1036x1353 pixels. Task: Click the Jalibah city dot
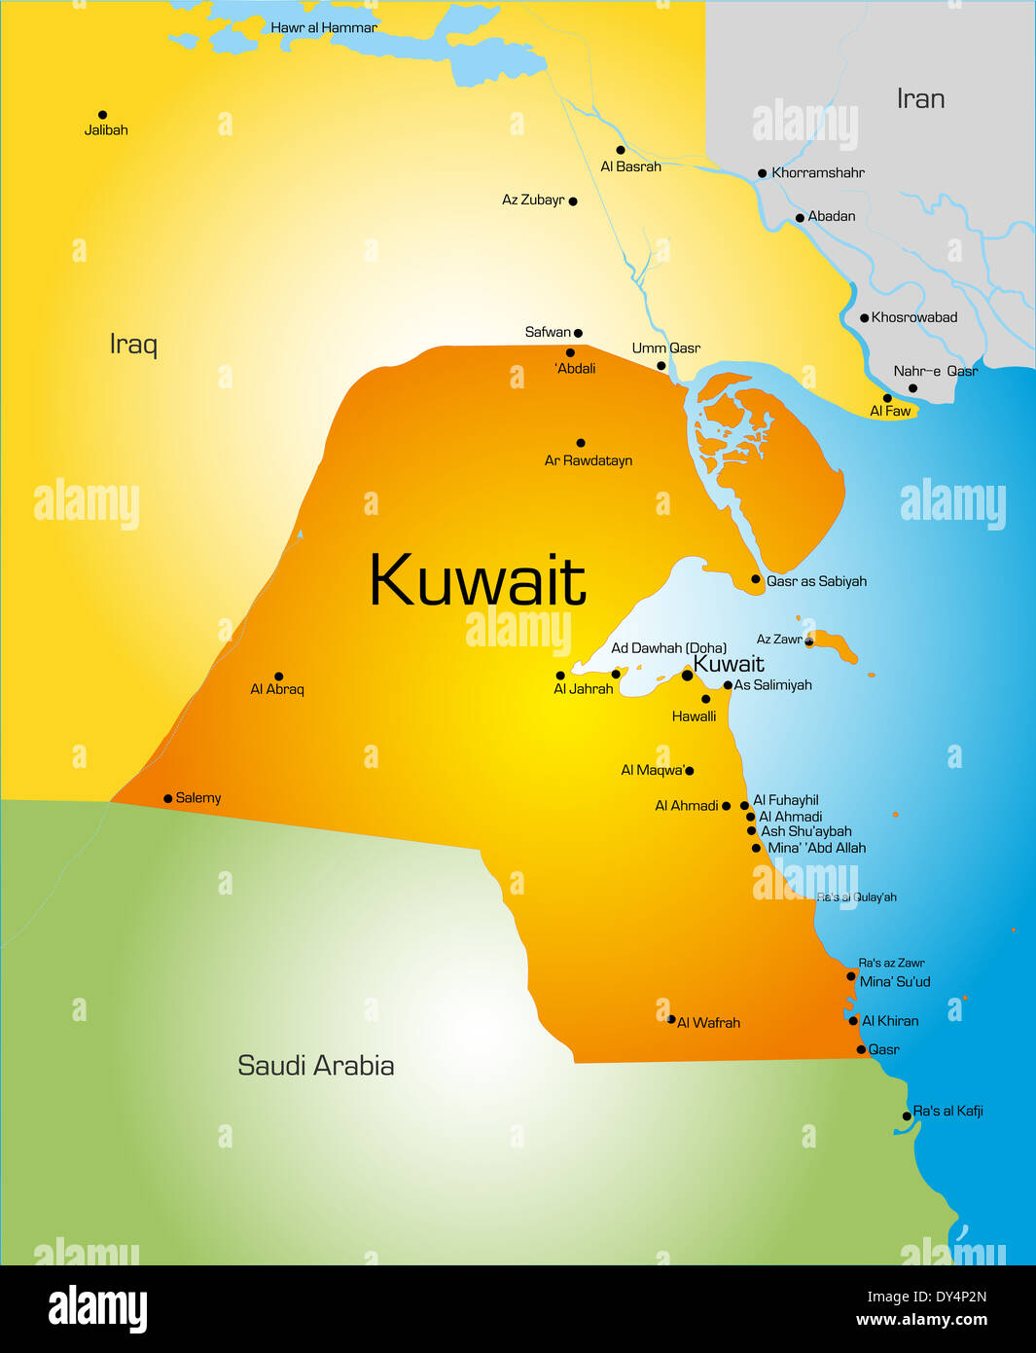pos(102,115)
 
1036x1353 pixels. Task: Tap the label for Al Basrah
pos(630,166)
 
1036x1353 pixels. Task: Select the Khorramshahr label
pos(817,173)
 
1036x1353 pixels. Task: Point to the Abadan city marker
pos(800,218)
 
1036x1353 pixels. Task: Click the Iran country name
pos(920,99)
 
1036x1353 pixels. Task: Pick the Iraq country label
pos(133,345)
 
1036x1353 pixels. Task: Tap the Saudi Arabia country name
pos(315,1065)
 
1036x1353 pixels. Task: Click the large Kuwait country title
pos(477,581)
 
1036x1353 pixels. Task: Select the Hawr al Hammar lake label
pos(323,28)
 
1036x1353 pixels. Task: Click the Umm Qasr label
pos(665,348)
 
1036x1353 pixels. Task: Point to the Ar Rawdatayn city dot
pos(581,443)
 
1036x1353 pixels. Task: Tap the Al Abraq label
pos(277,689)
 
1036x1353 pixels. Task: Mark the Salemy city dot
pos(167,798)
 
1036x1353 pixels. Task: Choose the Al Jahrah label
pos(583,689)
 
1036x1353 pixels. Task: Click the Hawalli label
pos(694,716)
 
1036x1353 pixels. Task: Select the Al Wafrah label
pos(708,1023)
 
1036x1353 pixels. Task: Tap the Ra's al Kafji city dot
pos(907,1116)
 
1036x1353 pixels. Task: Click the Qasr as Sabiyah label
pos(816,581)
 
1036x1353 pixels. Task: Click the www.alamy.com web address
pos(921,1321)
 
